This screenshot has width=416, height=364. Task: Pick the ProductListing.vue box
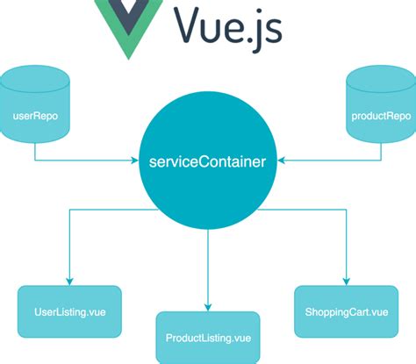(208, 338)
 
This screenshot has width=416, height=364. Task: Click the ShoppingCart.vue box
(345, 310)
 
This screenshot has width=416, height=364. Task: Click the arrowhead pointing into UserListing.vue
(70, 279)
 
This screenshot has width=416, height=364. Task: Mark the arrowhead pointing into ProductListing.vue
(208, 306)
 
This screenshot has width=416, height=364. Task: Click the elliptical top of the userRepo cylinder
(34, 74)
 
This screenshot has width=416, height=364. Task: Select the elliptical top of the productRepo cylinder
(381, 74)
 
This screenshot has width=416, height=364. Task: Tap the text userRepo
(34, 116)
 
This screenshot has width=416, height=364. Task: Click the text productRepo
(381, 116)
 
